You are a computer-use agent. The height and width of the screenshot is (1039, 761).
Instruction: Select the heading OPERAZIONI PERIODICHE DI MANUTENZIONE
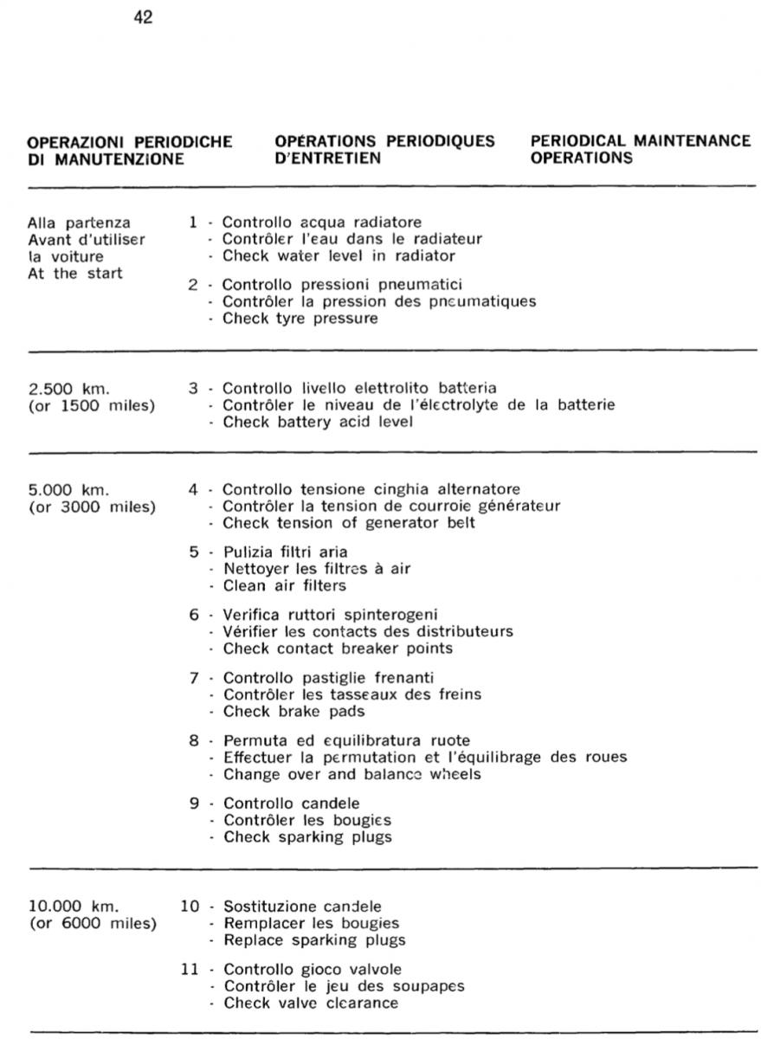(x=130, y=150)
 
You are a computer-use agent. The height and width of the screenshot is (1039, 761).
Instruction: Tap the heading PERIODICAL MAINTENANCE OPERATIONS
(x=640, y=150)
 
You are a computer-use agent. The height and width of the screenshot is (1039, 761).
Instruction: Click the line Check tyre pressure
(x=300, y=319)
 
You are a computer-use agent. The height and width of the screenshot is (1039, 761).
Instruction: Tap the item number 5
(x=195, y=552)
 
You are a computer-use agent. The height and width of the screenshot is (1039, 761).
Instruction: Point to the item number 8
(x=195, y=740)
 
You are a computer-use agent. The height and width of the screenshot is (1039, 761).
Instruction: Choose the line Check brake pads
(x=293, y=712)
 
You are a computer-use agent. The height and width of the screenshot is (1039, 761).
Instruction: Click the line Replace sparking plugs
(x=314, y=940)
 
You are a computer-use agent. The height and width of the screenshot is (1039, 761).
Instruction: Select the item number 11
(x=190, y=969)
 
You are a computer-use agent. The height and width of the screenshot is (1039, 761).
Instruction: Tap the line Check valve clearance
(x=311, y=1003)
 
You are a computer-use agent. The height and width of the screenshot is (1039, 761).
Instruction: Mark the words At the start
(x=74, y=274)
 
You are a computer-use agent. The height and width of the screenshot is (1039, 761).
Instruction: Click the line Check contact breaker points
(x=338, y=649)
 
